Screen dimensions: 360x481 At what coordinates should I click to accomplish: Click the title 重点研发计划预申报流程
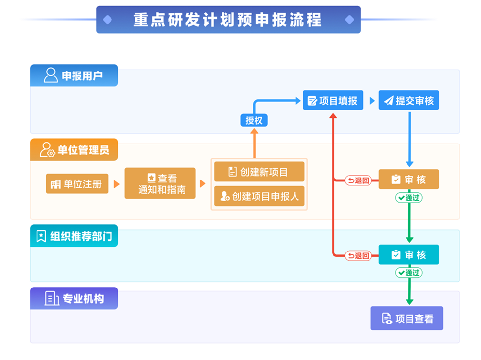(x=228, y=20)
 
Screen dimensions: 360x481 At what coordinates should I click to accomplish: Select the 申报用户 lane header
(x=74, y=75)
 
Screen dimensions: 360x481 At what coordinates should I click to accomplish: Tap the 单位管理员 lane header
(x=74, y=149)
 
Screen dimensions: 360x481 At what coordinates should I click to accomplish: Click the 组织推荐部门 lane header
(x=74, y=236)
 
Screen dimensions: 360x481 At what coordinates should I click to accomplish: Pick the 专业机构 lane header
(x=74, y=298)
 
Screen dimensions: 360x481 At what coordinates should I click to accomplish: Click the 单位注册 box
(x=77, y=184)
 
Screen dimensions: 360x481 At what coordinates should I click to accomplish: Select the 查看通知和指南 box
(x=160, y=183)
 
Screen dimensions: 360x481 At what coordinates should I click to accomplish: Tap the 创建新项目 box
(x=259, y=172)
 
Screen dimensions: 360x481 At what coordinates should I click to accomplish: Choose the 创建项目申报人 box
(x=259, y=196)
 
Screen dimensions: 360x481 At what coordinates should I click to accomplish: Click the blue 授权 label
(x=254, y=120)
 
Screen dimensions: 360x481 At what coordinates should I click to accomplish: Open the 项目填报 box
(x=333, y=101)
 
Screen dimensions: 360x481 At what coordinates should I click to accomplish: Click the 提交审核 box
(x=408, y=101)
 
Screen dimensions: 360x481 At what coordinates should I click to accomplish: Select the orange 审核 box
(x=408, y=180)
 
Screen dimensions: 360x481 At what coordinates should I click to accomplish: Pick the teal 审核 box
(x=408, y=255)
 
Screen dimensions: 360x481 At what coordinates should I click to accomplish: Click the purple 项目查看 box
(x=407, y=319)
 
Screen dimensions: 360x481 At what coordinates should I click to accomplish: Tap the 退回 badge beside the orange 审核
(x=358, y=180)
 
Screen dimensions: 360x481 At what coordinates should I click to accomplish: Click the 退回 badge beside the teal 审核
(x=358, y=255)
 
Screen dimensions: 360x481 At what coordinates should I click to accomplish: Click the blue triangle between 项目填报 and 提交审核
(x=372, y=101)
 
